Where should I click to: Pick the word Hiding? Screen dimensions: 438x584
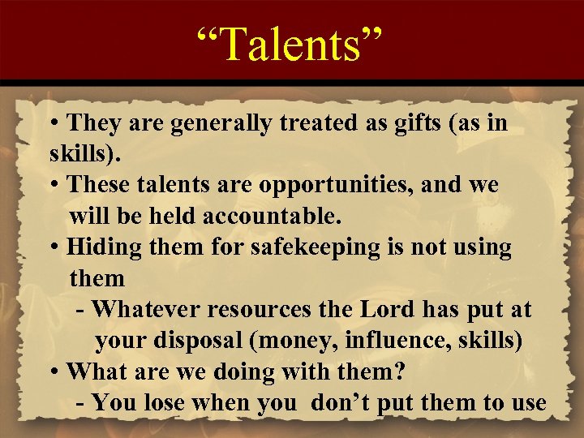98,247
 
